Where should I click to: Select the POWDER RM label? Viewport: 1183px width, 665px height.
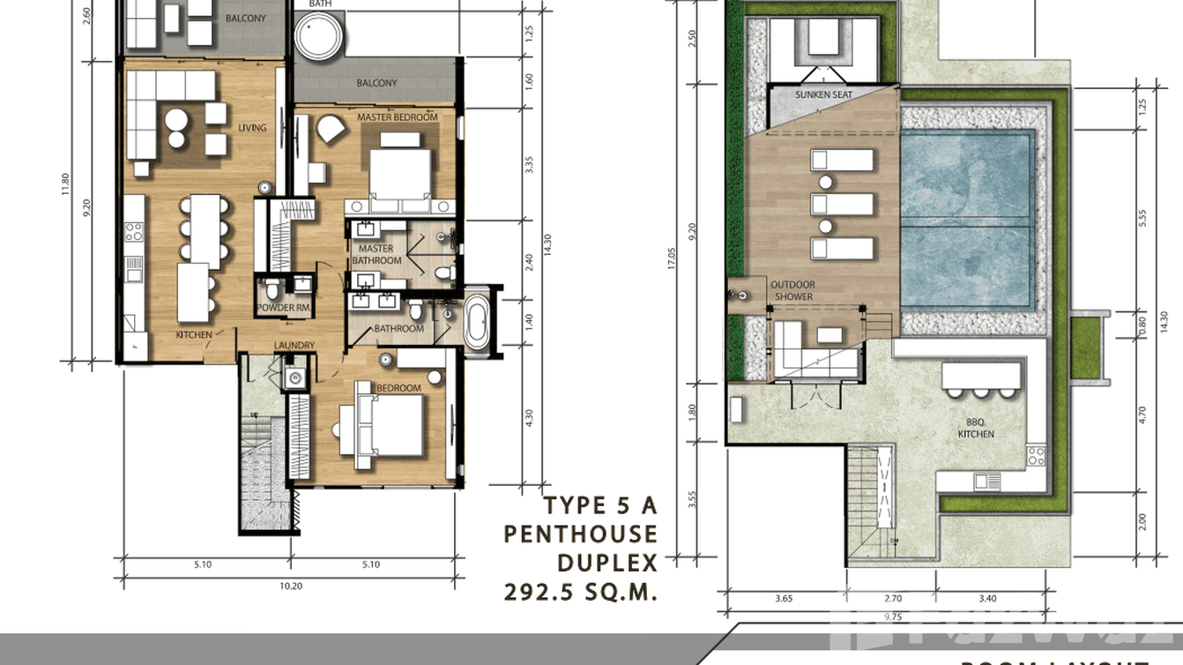[282, 308]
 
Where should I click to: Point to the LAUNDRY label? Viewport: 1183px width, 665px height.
[294, 346]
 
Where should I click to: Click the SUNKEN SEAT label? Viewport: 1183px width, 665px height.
[823, 95]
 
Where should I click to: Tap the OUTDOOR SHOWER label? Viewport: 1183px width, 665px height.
[792, 291]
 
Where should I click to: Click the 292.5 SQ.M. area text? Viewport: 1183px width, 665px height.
[581, 592]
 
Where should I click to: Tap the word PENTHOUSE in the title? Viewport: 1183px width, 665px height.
[581, 534]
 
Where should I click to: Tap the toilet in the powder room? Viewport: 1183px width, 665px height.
[273, 288]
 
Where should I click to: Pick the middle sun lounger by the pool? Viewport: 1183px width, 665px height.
[842, 205]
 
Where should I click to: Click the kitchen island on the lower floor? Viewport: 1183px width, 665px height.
[193, 293]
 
